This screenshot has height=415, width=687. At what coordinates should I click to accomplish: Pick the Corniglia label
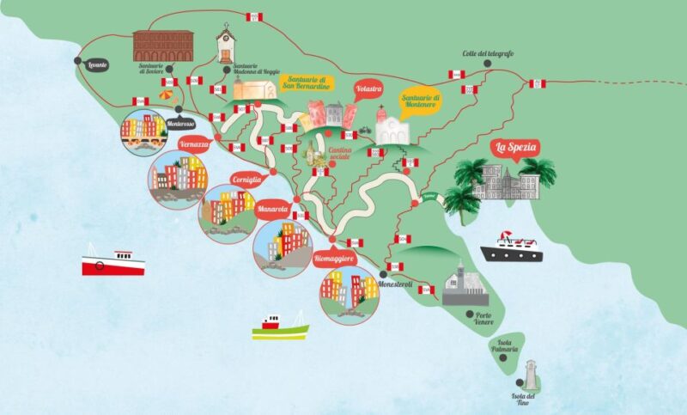pos(247,180)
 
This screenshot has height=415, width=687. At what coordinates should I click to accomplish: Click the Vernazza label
pos(195,144)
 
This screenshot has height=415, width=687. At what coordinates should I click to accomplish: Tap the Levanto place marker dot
pos(78,61)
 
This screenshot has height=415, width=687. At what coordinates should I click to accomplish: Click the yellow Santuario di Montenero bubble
pos(420,101)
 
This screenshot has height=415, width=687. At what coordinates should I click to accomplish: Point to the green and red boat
pos(280,327)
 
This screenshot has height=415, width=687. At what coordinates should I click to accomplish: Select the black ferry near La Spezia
pos(512,247)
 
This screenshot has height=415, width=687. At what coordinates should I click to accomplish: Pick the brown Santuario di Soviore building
pos(163,45)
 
